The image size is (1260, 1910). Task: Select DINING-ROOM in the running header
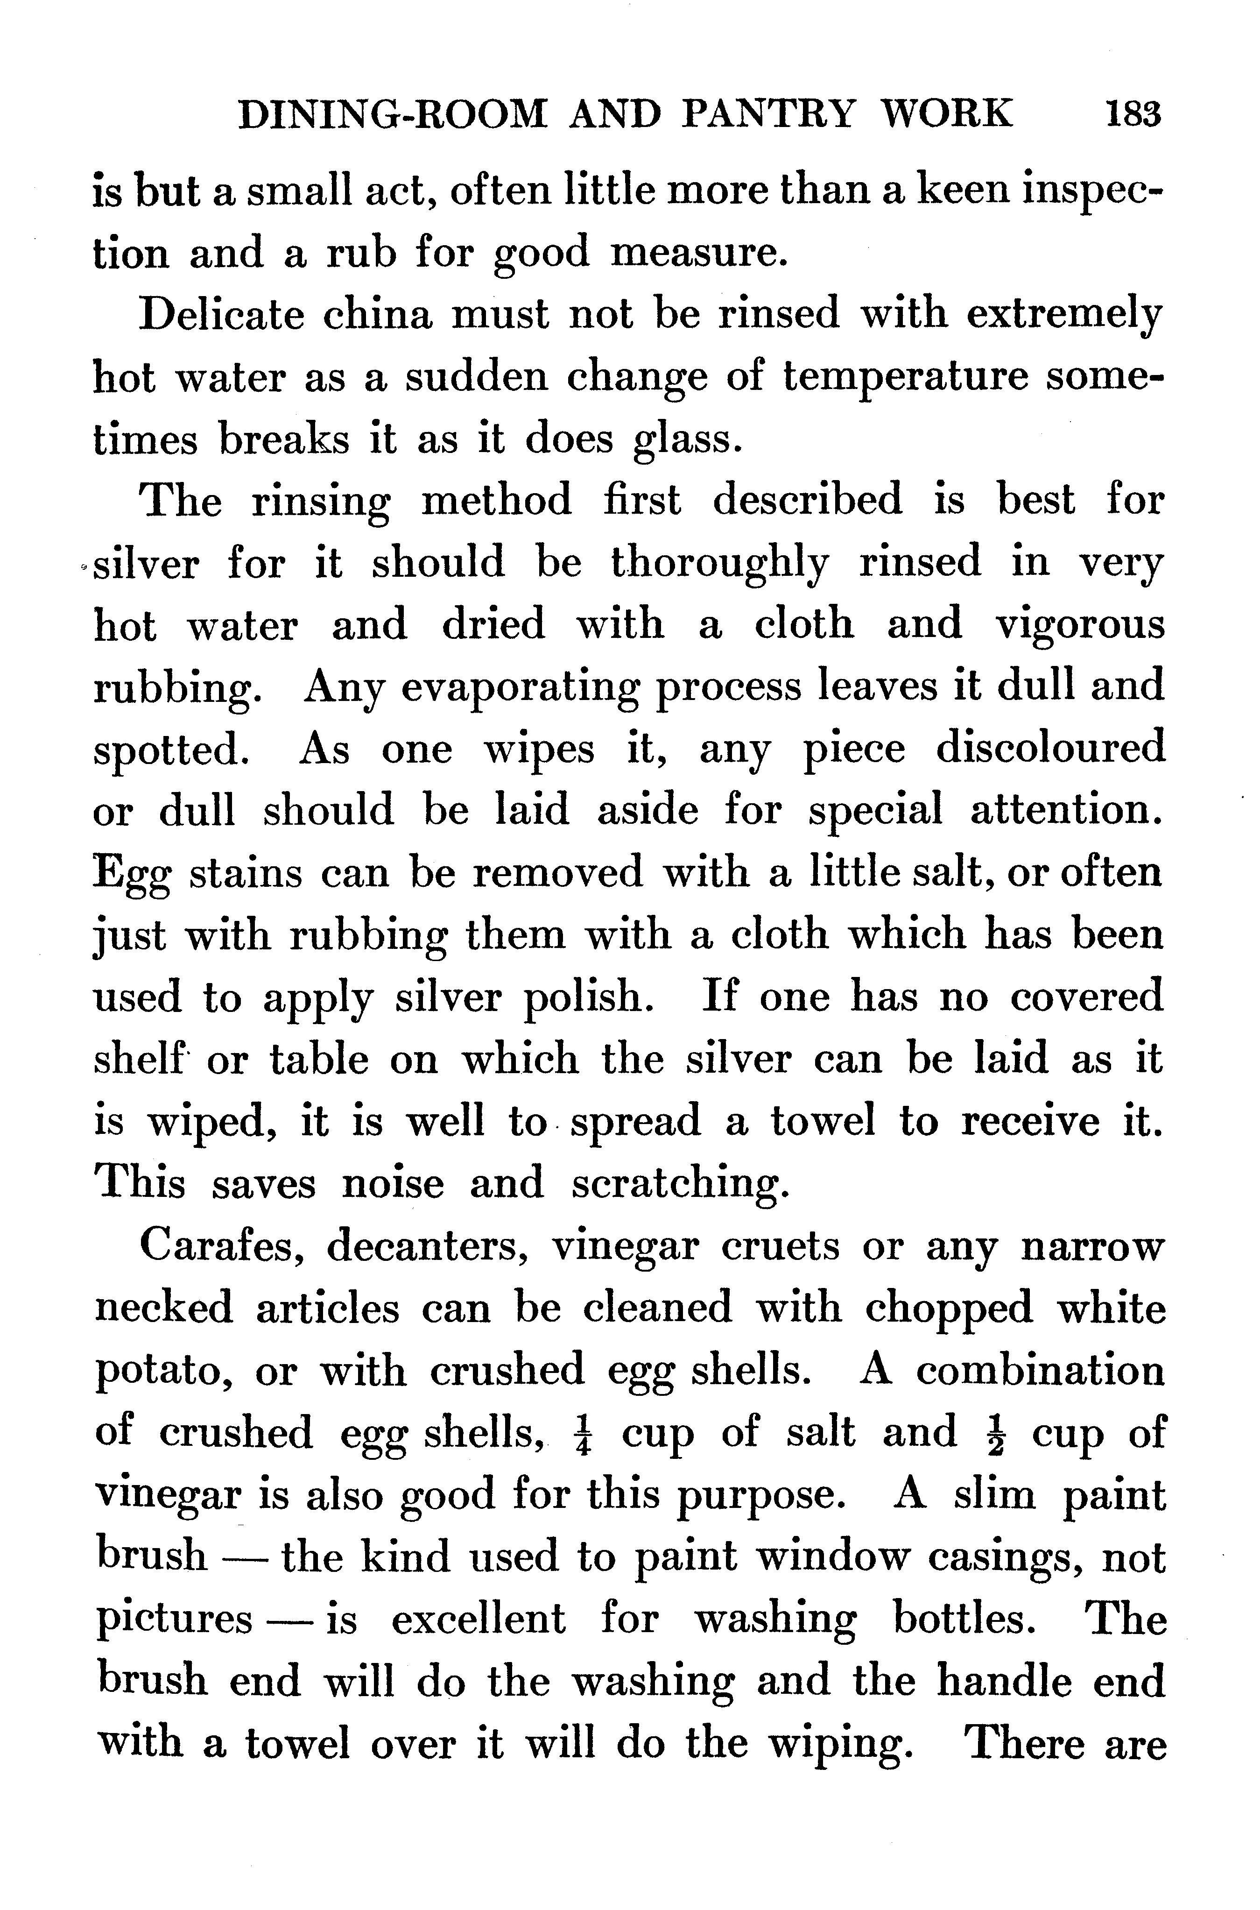[x=393, y=114]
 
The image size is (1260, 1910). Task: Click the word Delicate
[x=222, y=315]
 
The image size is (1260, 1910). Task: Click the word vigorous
[x=1079, y=625]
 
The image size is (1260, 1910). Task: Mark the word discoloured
[x=1049, y=749]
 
